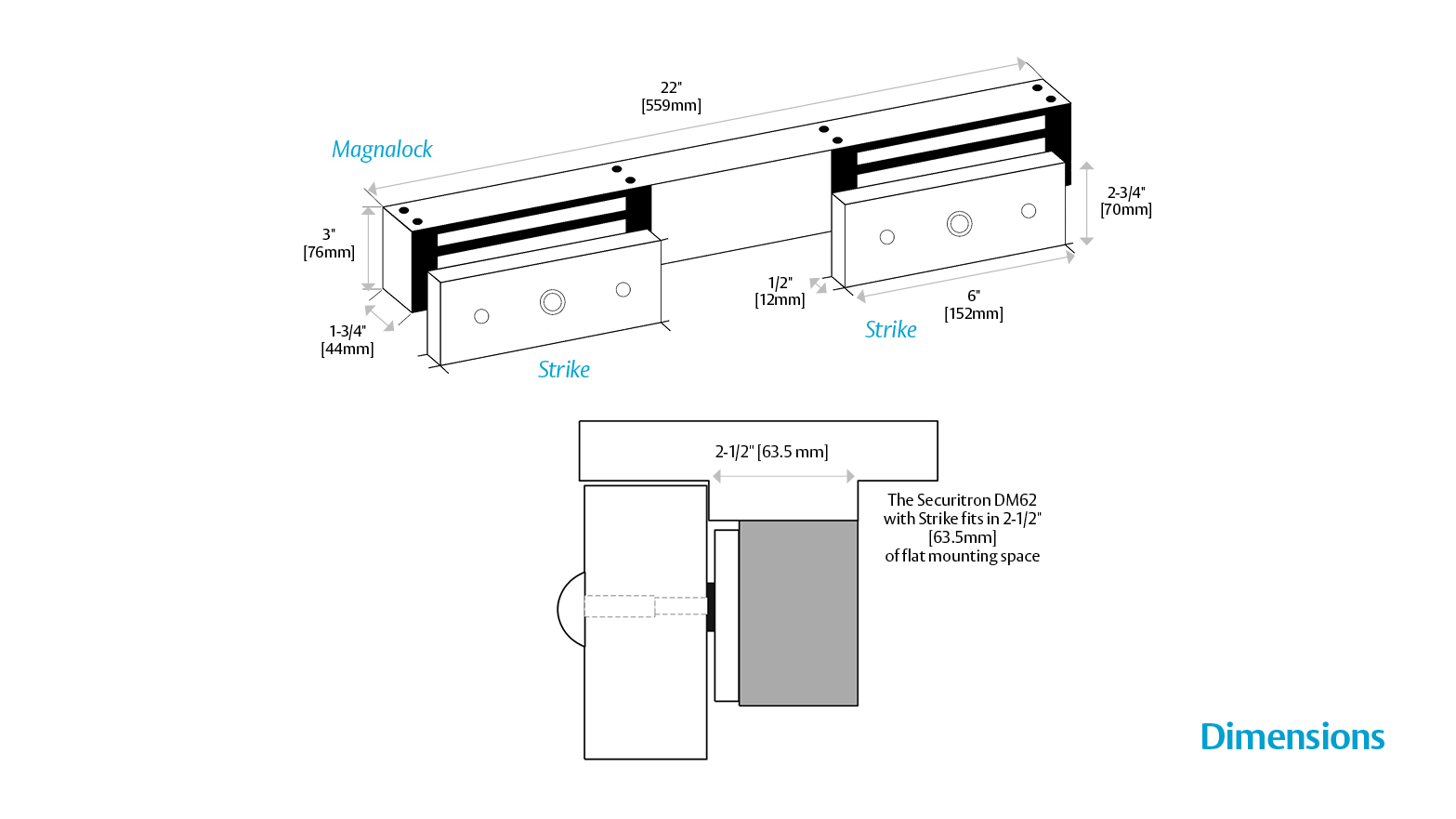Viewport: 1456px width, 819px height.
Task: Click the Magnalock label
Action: (382, 150)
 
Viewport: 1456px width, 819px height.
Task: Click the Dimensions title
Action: (1292, 737)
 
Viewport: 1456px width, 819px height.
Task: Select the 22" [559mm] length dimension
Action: (671, 97)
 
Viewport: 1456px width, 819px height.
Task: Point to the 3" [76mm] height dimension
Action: (329, 244)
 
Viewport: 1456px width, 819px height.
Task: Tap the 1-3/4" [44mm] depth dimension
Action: (348, 340)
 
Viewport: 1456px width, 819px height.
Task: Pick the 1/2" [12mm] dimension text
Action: (780, 291)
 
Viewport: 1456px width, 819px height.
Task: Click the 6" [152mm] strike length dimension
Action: (974, 305)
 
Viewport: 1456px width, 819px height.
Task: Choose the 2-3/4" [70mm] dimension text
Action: (1126, 201)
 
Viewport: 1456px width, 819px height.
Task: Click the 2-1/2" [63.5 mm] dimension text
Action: (771, 452)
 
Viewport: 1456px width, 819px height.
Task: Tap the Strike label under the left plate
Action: (564, 370)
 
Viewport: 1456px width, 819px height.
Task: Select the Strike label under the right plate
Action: (890, 330)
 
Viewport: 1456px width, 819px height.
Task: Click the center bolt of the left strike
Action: (553, 302)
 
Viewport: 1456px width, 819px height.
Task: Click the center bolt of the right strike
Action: (960, 224)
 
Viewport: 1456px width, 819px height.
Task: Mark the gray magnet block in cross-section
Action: (798, 613)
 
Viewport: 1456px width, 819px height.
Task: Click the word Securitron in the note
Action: (953, 500)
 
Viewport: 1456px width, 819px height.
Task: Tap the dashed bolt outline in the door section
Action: (645, 606)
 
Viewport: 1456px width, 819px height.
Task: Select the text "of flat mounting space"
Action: (962, 556)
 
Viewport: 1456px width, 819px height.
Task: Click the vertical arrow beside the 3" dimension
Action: (369, 249)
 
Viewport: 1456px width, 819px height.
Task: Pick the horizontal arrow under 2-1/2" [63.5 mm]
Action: (783, 476)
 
